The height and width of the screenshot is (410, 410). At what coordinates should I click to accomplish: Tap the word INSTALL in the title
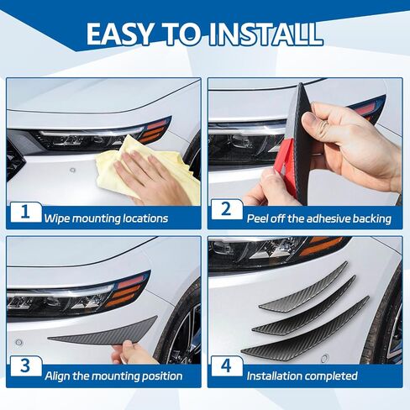click(266, 34)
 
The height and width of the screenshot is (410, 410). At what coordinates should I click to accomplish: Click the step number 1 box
click(25, 212)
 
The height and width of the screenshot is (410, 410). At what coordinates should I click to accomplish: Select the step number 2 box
click(226, 209)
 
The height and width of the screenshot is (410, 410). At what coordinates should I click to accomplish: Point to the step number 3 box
click(25, 366)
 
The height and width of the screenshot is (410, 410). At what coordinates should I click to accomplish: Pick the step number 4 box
click(226, 366)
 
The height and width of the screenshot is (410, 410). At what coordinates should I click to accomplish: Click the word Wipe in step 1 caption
click(56, 218)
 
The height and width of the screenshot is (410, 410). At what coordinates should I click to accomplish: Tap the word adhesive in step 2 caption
click(328, 218)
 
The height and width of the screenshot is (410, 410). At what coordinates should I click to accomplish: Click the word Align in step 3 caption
click(57, 376)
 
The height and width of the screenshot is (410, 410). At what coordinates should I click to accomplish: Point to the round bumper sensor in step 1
click(73, 170)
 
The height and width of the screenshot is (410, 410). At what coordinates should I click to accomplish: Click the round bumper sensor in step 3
click(18, 342)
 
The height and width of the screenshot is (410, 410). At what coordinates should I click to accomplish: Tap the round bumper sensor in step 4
click(325, 358)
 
